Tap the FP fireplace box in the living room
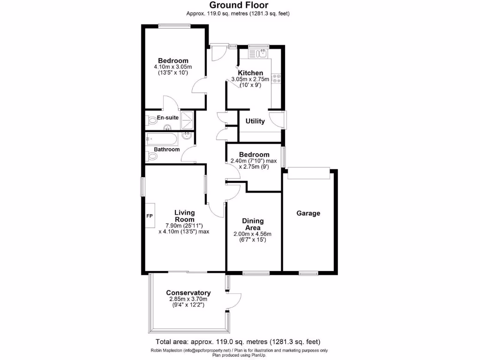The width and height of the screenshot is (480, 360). tap(150, 216)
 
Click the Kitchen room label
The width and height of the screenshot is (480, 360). tap(250, 73)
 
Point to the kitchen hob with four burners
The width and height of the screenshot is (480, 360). tap(277, 79)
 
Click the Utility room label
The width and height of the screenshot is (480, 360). tap(255, 121)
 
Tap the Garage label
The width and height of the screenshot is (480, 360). tap(308, 213)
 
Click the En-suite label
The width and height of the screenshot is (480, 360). tap(167, 118)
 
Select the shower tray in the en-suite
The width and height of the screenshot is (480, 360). tap(187, 119)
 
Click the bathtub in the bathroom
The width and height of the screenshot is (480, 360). tap(162, 139)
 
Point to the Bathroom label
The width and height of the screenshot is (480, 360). tap(167, 150)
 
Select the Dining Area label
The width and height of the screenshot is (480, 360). tap(253, 224)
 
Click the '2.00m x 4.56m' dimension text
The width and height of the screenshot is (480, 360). tap(252, 234)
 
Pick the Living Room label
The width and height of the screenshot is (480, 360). tap(184, 216)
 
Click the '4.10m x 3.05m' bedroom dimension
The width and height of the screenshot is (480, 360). tap(173, 67)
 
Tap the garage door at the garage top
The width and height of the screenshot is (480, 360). tap(308, 173)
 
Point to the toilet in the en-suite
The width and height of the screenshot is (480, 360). tap(151, 120)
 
